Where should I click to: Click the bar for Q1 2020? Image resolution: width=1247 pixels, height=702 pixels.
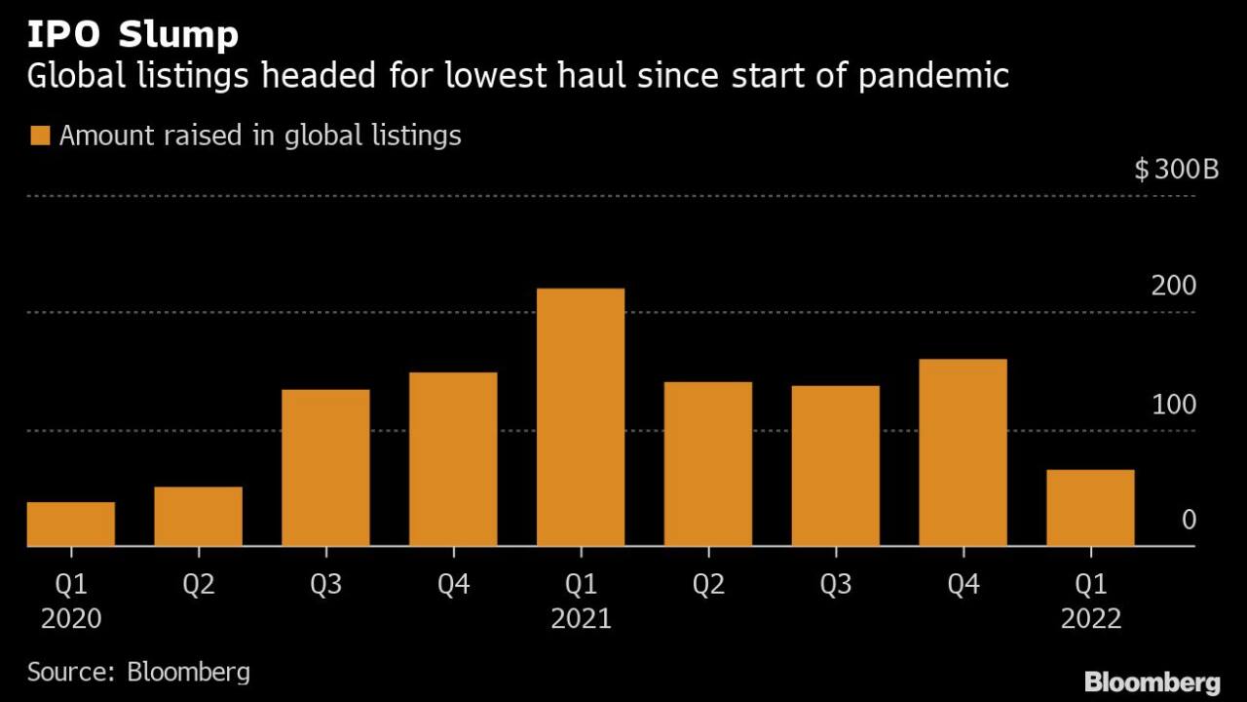coord(71,524)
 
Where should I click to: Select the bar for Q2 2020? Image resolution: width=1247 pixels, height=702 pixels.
coord(198,516)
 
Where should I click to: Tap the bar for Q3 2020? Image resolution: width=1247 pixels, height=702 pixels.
coord(325,468)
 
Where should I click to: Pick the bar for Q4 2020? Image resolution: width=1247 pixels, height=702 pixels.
coord(453,459)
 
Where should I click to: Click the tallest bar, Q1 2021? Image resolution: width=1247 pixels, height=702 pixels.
coord(581,417)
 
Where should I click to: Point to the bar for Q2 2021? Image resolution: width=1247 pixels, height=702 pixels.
coord(708,464)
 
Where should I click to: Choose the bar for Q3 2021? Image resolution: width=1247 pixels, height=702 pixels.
coord(836,466)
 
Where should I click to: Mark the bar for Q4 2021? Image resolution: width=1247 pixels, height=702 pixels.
coord(963,452)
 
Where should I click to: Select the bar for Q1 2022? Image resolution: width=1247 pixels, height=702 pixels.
coord(1090,508)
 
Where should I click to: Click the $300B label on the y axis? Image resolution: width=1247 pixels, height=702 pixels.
coord(1177,171)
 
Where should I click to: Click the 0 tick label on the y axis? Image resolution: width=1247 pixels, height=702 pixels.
coord(1188,521)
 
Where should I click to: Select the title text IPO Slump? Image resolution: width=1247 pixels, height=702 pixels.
coord(132,35)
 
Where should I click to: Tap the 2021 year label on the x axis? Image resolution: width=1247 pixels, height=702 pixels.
coord(581,619)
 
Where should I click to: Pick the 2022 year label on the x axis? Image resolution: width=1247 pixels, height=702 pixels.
coord(1090,619)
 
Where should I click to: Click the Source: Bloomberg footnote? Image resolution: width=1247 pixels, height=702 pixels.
coord(138,672)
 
